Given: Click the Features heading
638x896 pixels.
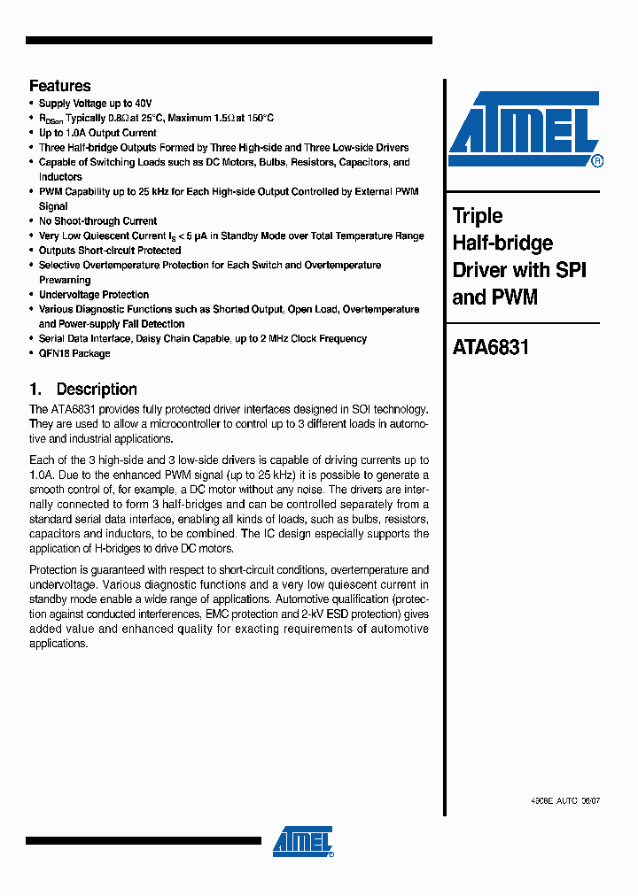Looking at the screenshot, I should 59,86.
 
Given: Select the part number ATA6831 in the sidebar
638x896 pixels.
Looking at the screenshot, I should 490,347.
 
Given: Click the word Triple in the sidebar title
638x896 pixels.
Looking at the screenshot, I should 478,216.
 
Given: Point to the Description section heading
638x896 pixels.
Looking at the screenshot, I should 97,390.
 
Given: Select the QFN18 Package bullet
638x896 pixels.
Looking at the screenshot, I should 74,353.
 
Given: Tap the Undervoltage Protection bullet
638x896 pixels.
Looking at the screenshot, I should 94,295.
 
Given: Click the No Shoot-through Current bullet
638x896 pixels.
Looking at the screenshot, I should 97,221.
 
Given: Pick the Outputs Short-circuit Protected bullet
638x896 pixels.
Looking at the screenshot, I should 110,251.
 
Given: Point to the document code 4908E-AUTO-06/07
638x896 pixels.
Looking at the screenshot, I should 564,799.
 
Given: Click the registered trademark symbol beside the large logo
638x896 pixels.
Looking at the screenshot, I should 597,161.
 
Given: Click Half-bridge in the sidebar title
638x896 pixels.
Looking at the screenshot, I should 502,243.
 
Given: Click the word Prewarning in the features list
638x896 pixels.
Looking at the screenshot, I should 65,280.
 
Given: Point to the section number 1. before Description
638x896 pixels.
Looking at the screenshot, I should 35,390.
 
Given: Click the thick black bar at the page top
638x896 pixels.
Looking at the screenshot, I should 229,41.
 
